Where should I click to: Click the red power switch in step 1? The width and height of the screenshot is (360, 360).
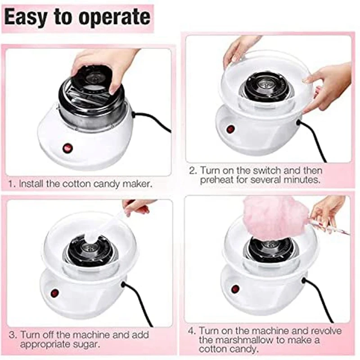click(67, 148)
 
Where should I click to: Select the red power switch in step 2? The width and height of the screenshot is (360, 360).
click(230, 129)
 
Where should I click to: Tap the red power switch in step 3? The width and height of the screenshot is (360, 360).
click(54, 293)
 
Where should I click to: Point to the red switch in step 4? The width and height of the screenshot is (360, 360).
click(235, 289)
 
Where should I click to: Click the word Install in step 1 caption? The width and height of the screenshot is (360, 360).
click(31, 184)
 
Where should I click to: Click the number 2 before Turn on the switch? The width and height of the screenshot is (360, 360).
click(193, 171)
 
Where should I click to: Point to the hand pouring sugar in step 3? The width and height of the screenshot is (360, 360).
click(137, 207)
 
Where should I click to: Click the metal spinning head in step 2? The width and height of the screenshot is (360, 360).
click(266, 87)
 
